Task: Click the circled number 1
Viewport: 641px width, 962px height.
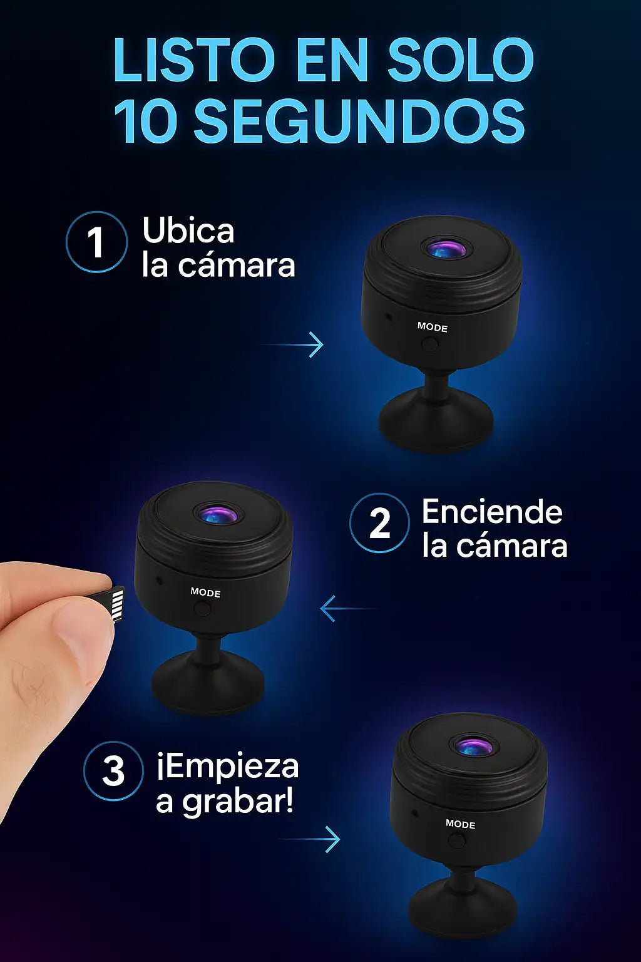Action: [x=96, y=242]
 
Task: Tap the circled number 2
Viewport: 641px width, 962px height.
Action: [x=379, y=523]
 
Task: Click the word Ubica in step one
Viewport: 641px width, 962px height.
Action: [x=188, y=230]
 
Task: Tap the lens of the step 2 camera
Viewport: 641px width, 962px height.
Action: [x=218, y=514]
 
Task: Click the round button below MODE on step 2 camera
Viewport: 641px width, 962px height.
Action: [x=203, y=609]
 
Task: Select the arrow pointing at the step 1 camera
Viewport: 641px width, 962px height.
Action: [x=292, y=344]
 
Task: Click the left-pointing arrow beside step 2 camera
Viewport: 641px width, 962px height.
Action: [x=349, y=609]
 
